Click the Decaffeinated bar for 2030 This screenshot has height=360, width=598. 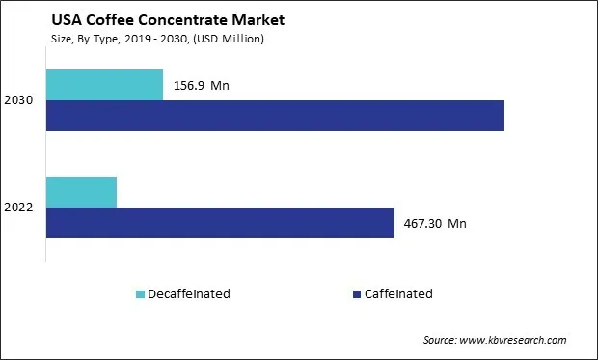(104, 85)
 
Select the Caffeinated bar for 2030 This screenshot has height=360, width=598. (275, 116)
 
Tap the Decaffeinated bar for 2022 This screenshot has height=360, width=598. (81, 192)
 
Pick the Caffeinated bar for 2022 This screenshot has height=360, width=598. (220, 223)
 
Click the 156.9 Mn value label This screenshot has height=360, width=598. (202, 85)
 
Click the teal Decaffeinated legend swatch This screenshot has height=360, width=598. (139, 294)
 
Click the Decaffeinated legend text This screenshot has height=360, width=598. (188, 294)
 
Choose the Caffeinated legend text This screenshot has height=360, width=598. (397, 294)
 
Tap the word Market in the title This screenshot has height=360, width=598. (245, 20)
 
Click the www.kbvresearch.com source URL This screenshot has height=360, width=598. (516, 340)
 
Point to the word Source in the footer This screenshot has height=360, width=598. (442, 340)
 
